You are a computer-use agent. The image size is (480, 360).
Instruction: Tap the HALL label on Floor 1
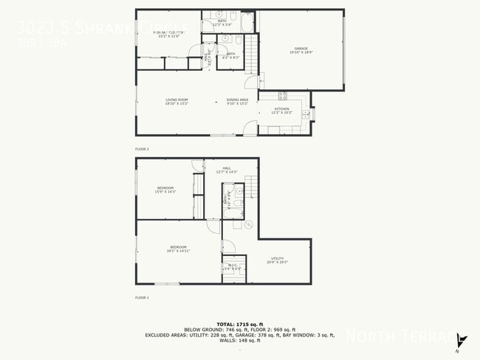click(227, 170)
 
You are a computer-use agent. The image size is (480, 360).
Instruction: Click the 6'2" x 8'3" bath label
click(230, 55)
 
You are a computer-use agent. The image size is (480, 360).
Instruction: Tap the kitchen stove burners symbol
click(282, 95)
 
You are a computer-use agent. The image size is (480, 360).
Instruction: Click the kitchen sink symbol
click(313, 114)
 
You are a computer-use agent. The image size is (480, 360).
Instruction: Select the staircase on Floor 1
click(252, 187)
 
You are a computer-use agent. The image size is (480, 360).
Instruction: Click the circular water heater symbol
click(249, 224)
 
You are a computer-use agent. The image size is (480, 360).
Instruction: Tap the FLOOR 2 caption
click(142, 149)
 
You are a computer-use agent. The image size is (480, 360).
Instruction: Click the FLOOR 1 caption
click(142, 297)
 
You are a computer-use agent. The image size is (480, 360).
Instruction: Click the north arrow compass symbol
click(461, 341)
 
